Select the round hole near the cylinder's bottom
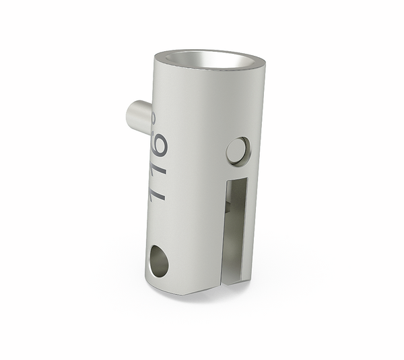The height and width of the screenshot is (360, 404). tap(159, 260)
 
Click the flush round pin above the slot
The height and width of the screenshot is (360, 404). tap(238, 151)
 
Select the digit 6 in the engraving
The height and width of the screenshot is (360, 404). tap(159, 144)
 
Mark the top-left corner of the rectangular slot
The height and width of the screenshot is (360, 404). tap(228, 180)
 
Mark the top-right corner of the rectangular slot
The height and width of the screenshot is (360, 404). tap(247, 178)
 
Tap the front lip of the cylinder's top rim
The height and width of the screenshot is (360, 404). tap(202, 69)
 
